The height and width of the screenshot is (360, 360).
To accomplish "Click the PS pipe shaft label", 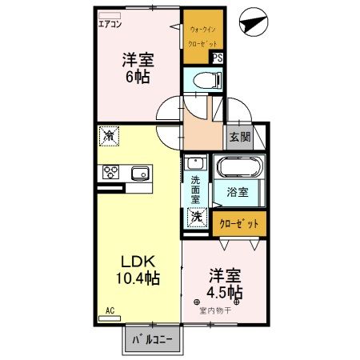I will pyautogui.click(x=218, y=57).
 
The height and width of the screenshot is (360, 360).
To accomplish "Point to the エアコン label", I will pyautogui.click(x=110, y=23).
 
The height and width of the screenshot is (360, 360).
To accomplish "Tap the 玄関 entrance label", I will pyautogui.click(x=239, y=136).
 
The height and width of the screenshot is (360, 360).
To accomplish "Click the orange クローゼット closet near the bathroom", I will pyautogui.click(x=239, y=223).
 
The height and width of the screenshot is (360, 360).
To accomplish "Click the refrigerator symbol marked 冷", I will pyautogui.click(x=109, y=136).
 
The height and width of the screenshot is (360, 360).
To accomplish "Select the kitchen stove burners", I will pyautogui.click(x=110, y=172).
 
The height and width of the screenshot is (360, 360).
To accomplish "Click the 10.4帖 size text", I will pyautogui.click(x=138, y=279).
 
